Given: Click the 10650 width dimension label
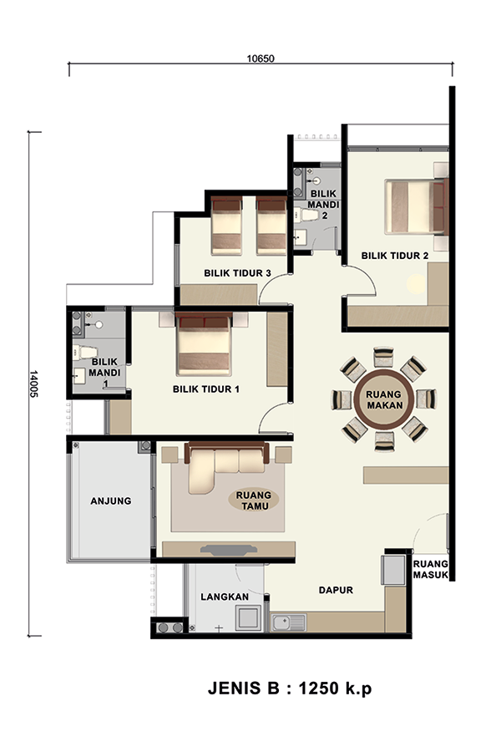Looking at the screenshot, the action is (x=261, y=58).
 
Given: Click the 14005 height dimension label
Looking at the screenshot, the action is (x=34, y=384).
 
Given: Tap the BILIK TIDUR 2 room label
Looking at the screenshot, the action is (x=395, y=256).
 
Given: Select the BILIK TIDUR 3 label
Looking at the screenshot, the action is (x=237, y=273).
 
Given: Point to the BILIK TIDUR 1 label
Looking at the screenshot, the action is (x=206, y=389).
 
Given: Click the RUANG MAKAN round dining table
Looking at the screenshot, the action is (x=384, y=399).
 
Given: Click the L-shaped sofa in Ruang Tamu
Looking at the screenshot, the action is (x=226, y=468).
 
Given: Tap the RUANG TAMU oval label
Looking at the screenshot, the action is (x=254, y=500).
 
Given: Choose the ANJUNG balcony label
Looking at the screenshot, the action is (x=111, y=500).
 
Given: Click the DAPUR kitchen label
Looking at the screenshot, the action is (x=336, y=590).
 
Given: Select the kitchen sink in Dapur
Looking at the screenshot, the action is (x=289, y=622).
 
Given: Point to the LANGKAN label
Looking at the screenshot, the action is (x=225, y=597).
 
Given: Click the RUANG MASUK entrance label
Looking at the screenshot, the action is (x=431, y=569).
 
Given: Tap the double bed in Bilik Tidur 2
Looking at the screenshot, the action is (x=415, y=206).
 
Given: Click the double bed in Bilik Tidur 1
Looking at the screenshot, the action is (x=204, y=344).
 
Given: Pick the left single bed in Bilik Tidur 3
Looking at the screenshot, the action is (x=226, y=225).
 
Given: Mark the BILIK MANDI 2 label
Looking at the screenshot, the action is (x=323, y=205).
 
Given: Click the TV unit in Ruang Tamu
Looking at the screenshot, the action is (x=229, y=549).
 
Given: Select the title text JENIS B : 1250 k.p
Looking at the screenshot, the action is (x=290, y=688).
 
